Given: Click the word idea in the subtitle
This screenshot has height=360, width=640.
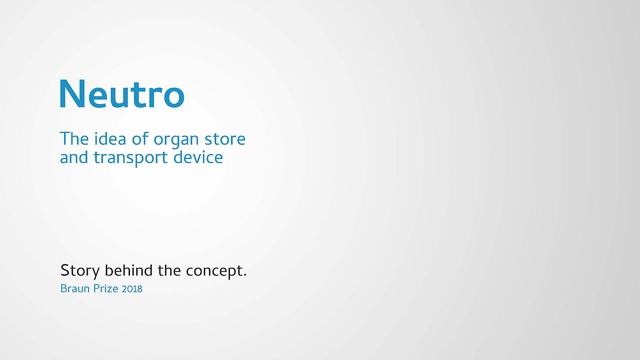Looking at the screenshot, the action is tap(110, 139).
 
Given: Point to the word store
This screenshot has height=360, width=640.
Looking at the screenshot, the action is tap(225, 139).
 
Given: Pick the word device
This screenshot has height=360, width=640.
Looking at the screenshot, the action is tap(198, 157).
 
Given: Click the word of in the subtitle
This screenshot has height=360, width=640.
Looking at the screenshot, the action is tap(140, 139).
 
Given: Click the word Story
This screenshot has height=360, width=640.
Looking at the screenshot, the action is tap(80, 271).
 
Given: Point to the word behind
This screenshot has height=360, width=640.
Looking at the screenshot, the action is tap(128, 270).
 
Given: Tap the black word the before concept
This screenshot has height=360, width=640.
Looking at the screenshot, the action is tap(169, 270).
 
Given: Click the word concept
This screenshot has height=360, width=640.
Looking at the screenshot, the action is tap(214, 271).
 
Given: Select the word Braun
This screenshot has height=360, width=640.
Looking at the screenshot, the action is tap(75, 289).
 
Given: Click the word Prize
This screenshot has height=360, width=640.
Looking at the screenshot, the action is tap(106, 289).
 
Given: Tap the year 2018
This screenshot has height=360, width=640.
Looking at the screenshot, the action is tap(132, 289).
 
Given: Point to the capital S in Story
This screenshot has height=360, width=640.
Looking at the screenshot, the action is tap(64, 270).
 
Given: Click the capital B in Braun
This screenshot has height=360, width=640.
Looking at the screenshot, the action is tap(64, 289).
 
